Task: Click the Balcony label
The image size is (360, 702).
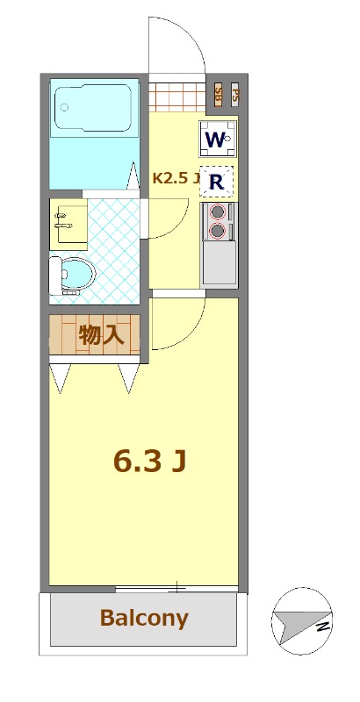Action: pos(144,618)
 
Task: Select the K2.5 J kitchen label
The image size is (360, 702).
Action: pos(176,178)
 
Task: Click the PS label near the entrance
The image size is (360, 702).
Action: pos(234,93)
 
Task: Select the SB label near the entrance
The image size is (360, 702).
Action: pos(218,94)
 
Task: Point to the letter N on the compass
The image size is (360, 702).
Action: pos(322,627)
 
